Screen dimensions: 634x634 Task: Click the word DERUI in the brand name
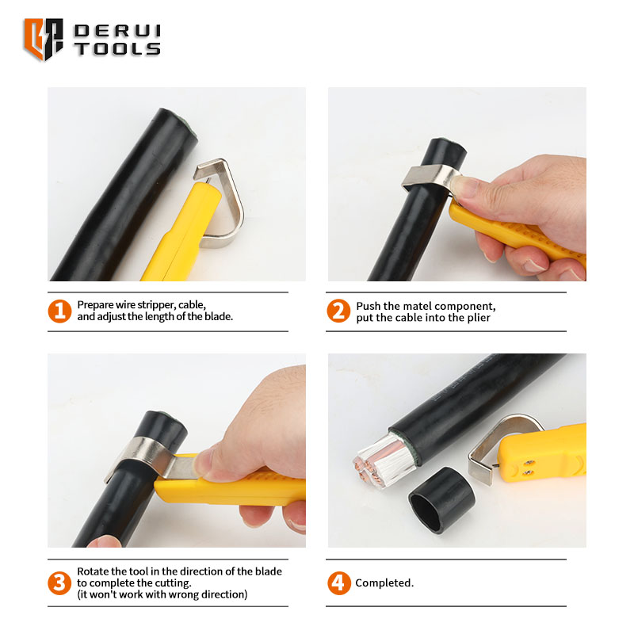pos(117,31)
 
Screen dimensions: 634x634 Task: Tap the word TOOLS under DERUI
pos(117,49)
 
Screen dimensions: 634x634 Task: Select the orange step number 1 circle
pos(60,311)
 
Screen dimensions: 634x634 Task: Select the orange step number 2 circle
pos(338,311)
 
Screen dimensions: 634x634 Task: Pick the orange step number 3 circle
pos(60,582)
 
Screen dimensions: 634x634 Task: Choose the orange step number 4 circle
pos(339,582)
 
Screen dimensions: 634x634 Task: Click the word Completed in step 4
pos(383,582)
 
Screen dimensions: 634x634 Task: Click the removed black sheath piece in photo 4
pos(442,500)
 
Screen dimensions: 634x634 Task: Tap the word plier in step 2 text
pos(479,319)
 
